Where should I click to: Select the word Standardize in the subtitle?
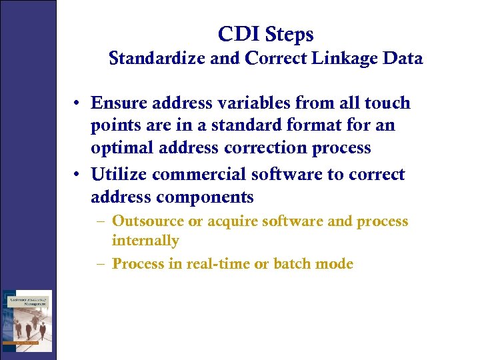pos(158,59)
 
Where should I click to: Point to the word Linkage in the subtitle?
pos(343,59)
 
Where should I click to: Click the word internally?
pos(145,240)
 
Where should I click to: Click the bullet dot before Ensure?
pos(78,103)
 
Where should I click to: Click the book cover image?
pos(27,320)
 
